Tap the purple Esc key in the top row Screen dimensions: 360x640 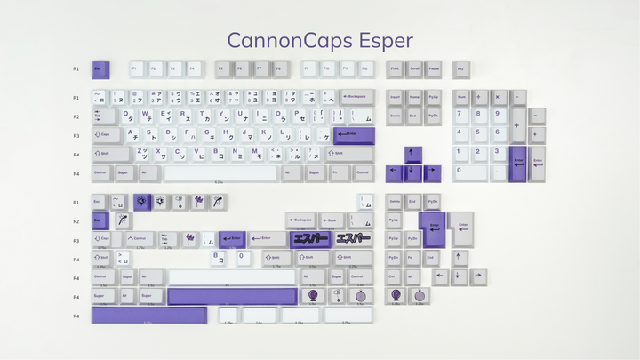(100, 68)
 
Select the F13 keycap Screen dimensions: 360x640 (460, 68)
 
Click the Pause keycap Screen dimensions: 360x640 (433, 68)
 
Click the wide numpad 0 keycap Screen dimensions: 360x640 (470, 172)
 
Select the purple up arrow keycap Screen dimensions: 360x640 (413, 153)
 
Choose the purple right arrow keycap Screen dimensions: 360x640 (432, 172)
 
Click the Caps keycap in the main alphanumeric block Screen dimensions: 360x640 (106, 134)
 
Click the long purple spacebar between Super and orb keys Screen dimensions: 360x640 (231, 295)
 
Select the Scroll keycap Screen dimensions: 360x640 (414, 68)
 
